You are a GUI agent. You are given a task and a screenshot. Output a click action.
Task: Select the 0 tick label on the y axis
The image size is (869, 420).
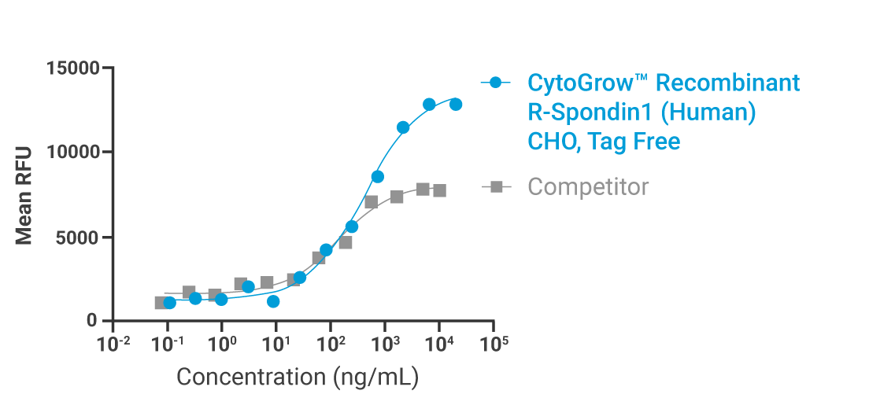94,322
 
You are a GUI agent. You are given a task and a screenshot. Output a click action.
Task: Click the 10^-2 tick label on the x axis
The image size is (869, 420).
113,344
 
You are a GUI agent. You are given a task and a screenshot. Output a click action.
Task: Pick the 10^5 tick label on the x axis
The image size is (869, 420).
494,344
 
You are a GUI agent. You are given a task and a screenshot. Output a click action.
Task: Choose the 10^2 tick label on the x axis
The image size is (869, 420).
331,344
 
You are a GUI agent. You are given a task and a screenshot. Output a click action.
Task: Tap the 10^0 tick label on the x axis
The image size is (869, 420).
222,344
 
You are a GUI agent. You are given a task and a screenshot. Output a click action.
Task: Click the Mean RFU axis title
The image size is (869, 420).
25,194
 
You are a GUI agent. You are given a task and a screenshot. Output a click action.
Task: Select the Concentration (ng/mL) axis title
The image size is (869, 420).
297,377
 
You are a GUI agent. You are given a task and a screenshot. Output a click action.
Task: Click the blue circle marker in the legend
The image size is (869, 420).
496,83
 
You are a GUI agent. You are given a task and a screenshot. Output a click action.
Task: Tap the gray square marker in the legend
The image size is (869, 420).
496,187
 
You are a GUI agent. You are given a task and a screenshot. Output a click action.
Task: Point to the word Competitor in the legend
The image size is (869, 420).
588,187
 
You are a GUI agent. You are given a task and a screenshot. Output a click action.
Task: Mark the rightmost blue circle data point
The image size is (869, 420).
456,105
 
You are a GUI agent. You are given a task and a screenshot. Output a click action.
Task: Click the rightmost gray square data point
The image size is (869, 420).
439,190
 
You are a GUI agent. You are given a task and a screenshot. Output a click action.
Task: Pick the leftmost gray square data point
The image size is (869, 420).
161,303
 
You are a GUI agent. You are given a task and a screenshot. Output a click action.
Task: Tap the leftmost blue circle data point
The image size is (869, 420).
169,303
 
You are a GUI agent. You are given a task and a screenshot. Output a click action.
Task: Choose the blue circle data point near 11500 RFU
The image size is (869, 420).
403,127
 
